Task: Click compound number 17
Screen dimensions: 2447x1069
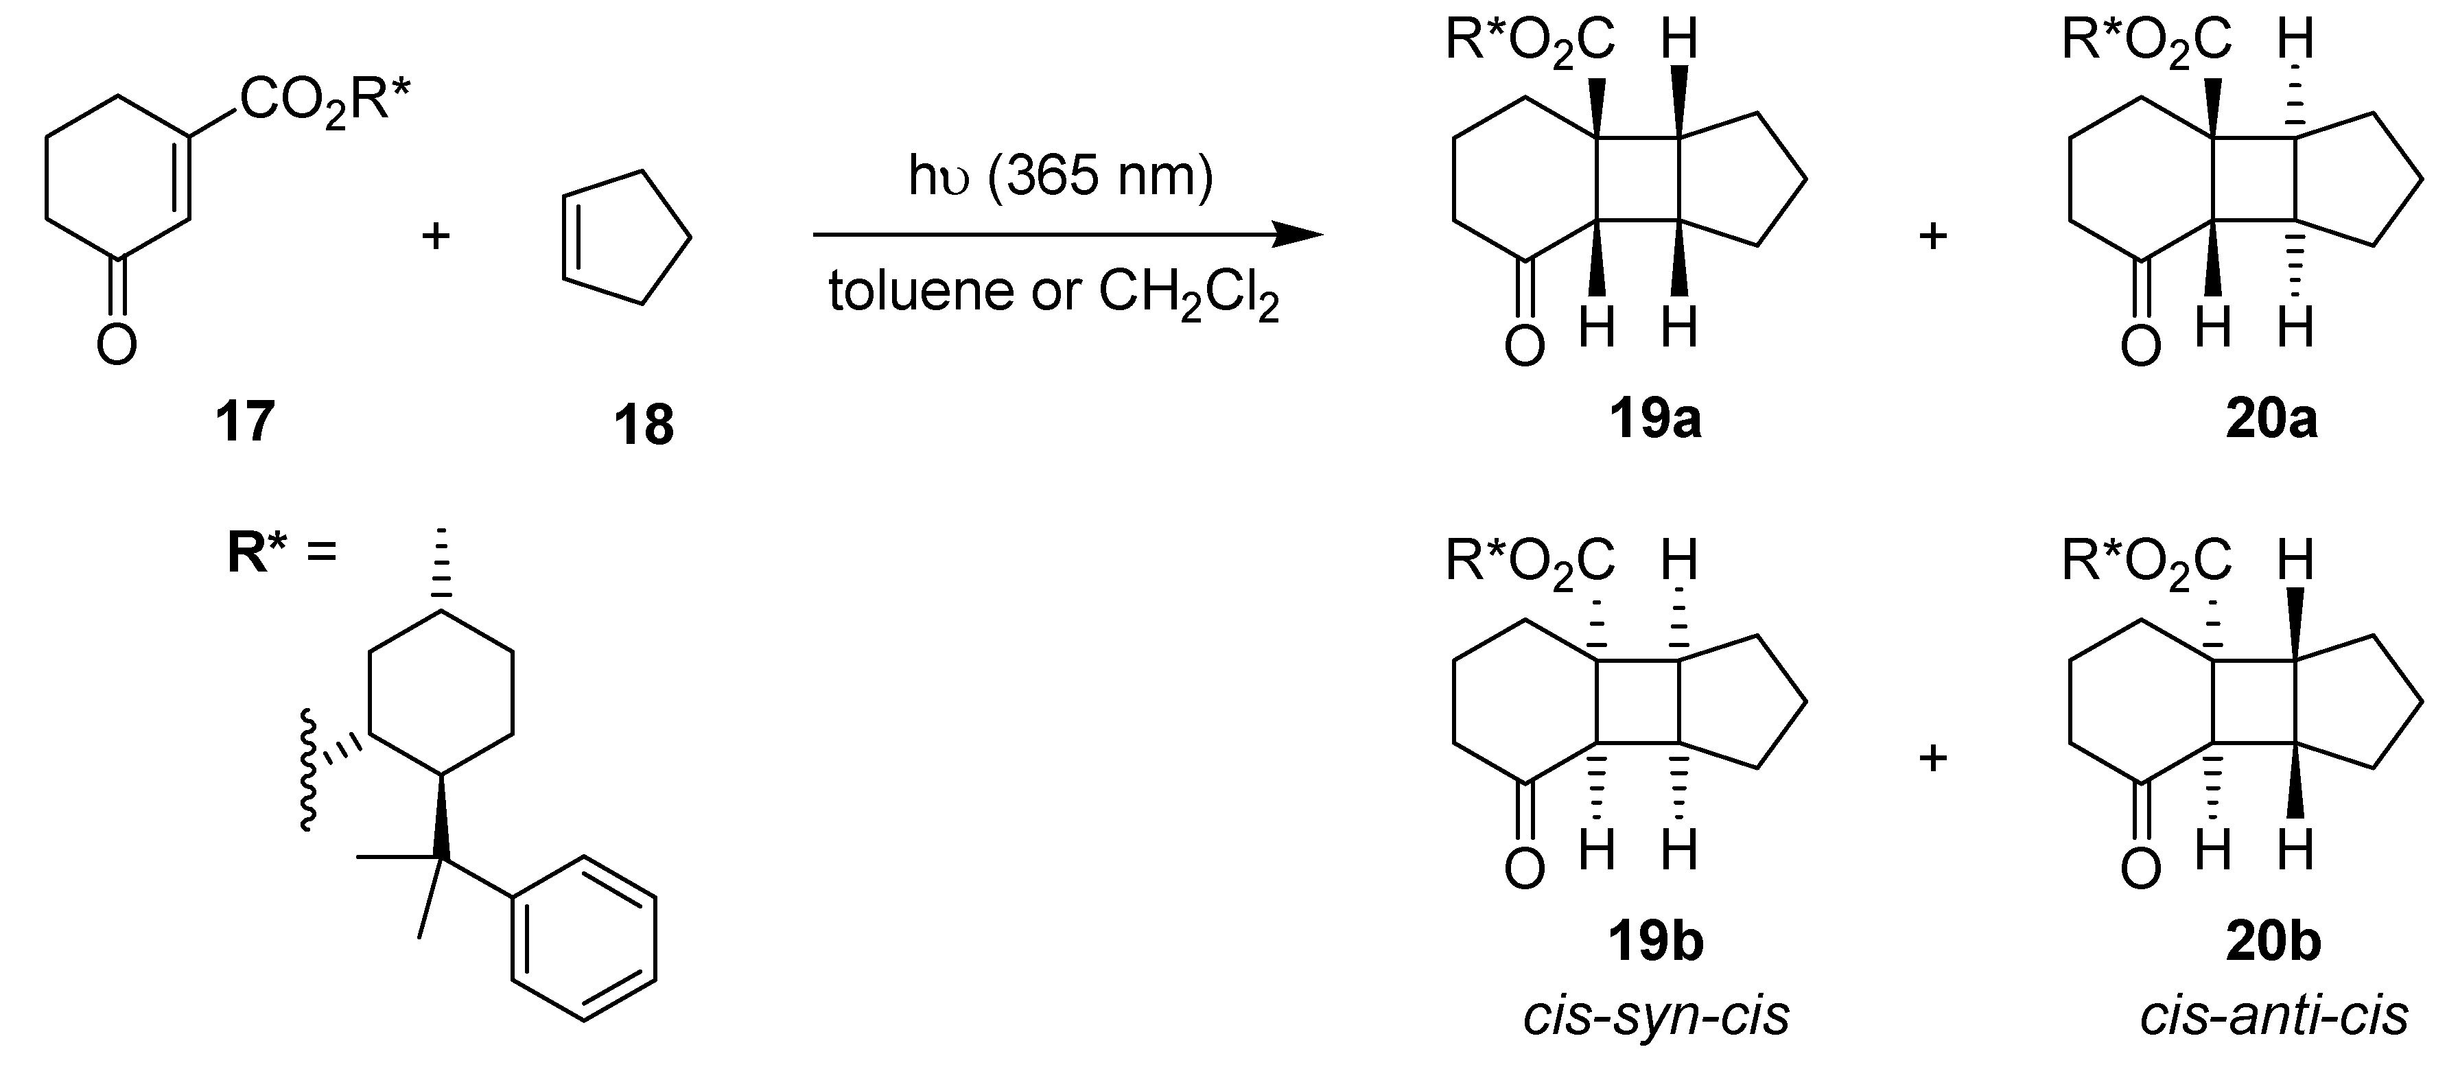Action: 245,421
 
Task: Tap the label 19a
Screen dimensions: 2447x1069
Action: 1654,419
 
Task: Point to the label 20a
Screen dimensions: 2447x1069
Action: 2271,419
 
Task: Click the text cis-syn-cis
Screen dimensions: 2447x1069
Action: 1656,1015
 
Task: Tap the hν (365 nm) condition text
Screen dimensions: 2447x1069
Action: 1060,177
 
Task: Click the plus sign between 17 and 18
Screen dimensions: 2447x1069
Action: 435,235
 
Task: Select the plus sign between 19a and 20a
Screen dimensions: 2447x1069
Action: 1933,235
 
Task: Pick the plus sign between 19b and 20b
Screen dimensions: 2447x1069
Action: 1933,757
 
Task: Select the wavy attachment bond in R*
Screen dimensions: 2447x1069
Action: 308,770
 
